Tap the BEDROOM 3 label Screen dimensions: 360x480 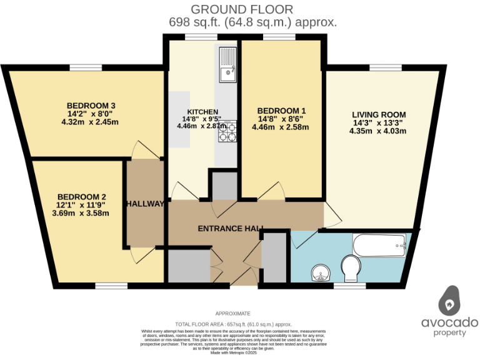pyautogui.click(x=89, y=105)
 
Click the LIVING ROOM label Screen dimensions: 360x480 pyautogui.click(x=379, y=114)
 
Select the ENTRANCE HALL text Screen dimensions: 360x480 pyautogui.click(x=230, y=228)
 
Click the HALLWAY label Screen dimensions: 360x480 pyautogui.click(x=145, y=204)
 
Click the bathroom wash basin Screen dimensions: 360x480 pyautogui.click(x=321, y=272)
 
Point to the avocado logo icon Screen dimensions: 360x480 pyautogui.click(x=449, y=302)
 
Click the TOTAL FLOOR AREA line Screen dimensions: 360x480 pyautogui.click(x=233, y=324)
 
